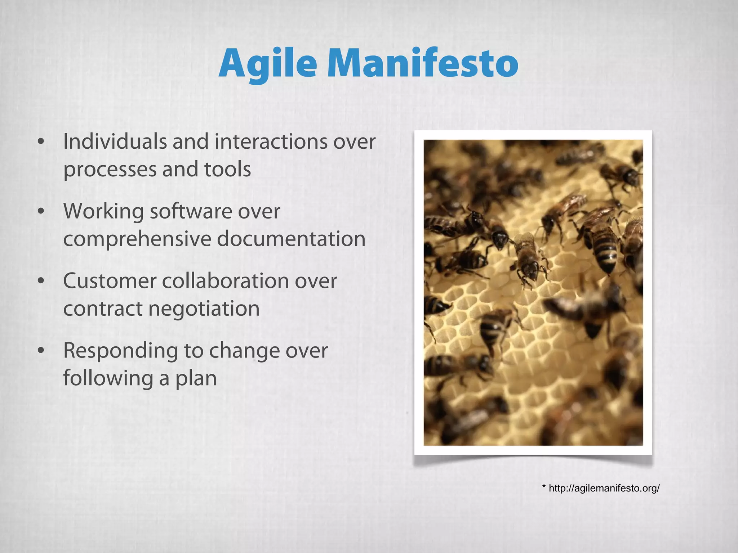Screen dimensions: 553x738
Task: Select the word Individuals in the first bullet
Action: point(115,141)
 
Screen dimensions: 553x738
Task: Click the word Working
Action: point(103,212)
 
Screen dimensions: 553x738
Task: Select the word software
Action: point(191,211)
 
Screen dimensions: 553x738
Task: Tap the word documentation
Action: point(291,239)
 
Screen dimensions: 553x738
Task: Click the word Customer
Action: point(110,281)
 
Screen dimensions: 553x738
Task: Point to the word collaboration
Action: point(225,281)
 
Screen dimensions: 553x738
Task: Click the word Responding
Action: point(120,351)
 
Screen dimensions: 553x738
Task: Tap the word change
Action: point(244,351)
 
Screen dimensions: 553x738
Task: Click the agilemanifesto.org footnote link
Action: point(604,489)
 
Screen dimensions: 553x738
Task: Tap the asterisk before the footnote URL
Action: point(544,487)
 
